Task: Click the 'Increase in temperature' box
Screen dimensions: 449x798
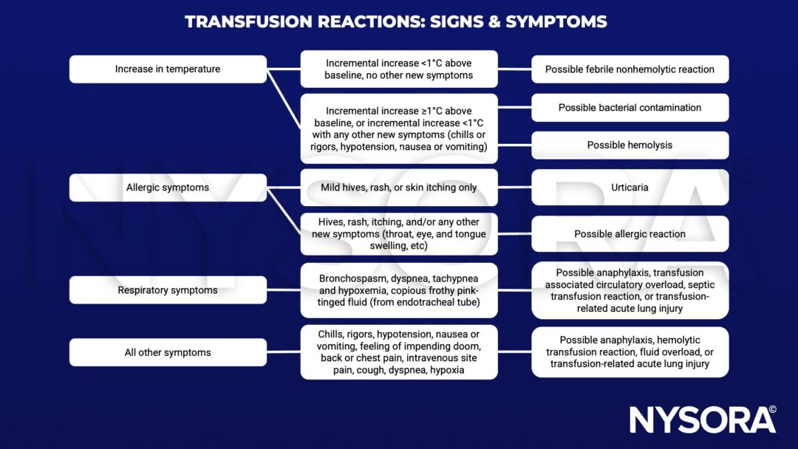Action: click(168, 69)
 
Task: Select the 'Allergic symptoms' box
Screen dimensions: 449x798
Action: click(168, 188)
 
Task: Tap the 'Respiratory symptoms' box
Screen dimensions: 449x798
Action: click(168, 290)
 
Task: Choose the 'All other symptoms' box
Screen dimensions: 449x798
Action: click(168, 352)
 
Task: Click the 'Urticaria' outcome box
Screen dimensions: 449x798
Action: click(630, 188)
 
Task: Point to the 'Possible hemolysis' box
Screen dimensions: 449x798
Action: click(630, 145)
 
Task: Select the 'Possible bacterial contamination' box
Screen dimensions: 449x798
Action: click(630, 108)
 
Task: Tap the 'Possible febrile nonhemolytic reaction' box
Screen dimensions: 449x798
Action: click(630, 69)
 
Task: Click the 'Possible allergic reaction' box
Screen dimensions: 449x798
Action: click(630, 234)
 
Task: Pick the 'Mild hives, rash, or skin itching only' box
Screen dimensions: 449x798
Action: click(399, 188)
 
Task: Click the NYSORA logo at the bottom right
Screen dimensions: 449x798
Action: click(695, 419)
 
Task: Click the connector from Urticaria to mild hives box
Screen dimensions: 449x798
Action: click(514, 188)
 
